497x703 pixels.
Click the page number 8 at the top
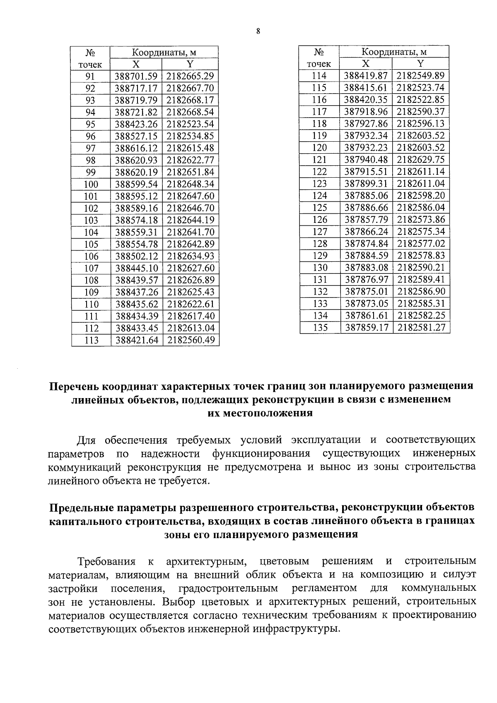coord(258,31)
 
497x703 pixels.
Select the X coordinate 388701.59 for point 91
coord(136,76)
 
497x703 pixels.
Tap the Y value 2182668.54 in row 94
coord(190,112)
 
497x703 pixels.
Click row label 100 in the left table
coord(91,184)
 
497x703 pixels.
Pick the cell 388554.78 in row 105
coord(136,244)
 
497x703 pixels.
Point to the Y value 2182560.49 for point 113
coord(191,341)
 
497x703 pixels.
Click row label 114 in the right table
coord(319,76)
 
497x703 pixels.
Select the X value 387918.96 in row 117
coord(365,112)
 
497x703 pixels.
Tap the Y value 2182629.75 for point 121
coord(420,160)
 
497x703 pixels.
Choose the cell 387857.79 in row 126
coord(365,220)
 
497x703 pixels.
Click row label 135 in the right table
coord(319,328)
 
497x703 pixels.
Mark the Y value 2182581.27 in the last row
coord(421,328)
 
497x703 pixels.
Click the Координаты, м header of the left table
coord(164,53)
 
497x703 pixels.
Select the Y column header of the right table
coord(420,64)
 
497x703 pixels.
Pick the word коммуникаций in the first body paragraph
coord(86,467)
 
